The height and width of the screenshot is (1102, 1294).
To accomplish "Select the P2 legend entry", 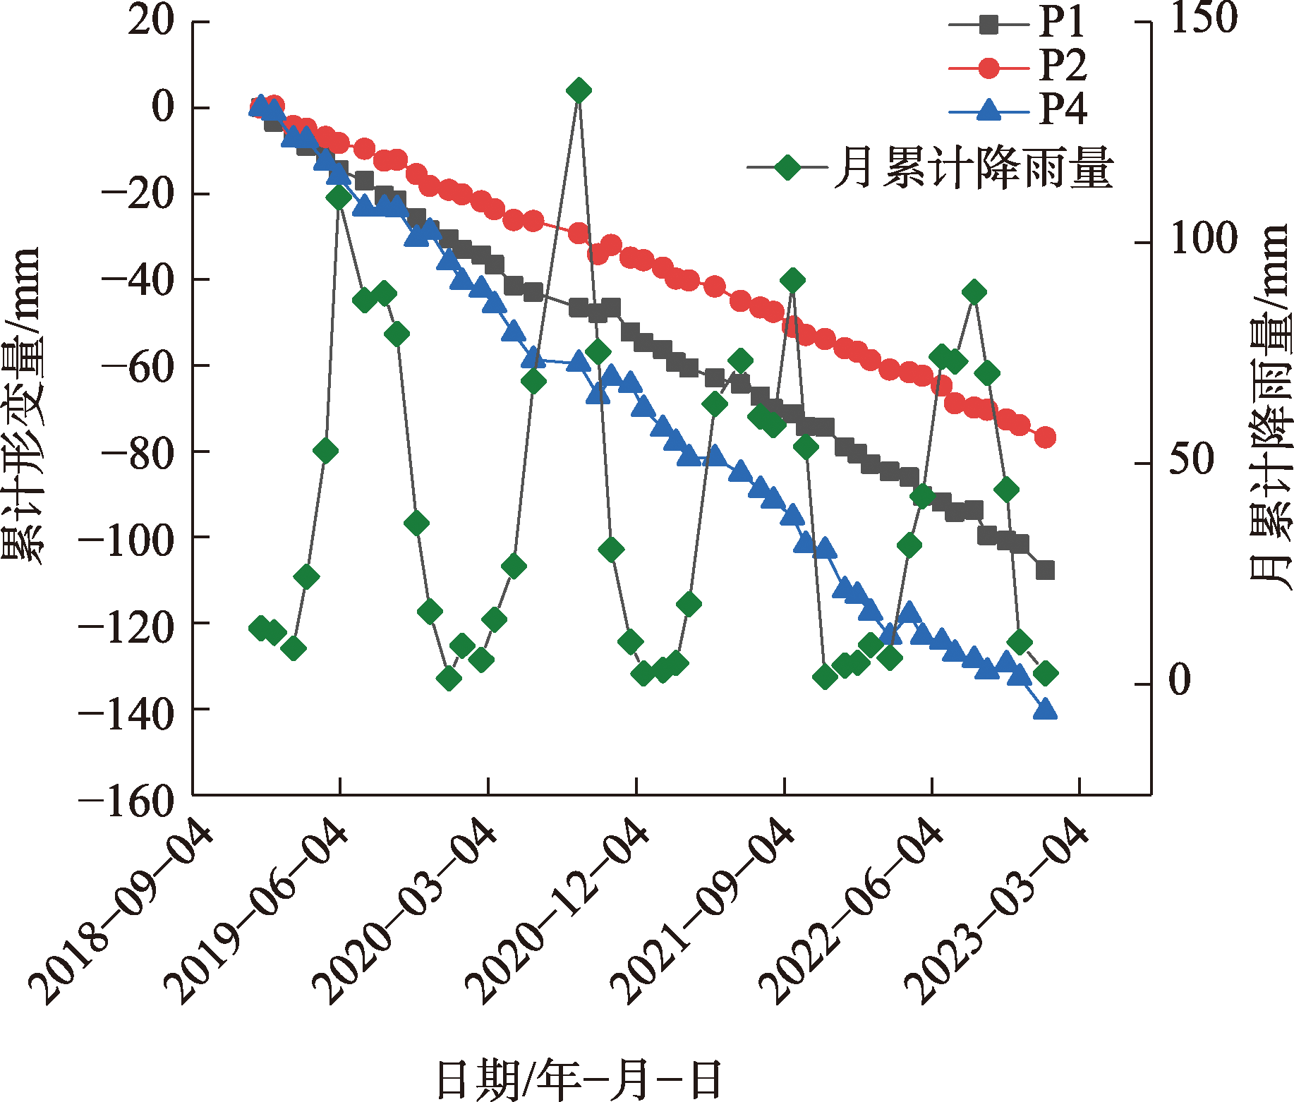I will [1020, 67].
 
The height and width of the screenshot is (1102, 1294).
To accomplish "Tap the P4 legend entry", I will [1020, 110].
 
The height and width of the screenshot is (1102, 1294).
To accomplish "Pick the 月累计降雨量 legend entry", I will [931, 168].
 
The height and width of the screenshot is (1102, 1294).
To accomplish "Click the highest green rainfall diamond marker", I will [579, 90].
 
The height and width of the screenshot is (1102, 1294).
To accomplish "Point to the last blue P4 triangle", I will [1045, 709].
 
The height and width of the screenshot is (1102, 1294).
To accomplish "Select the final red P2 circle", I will [1045, 437].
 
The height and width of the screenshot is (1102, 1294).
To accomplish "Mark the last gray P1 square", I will [1045, 570].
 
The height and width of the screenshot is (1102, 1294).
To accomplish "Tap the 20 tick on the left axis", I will [151, 21].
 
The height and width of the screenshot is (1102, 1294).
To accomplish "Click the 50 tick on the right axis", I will [1192, 460].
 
